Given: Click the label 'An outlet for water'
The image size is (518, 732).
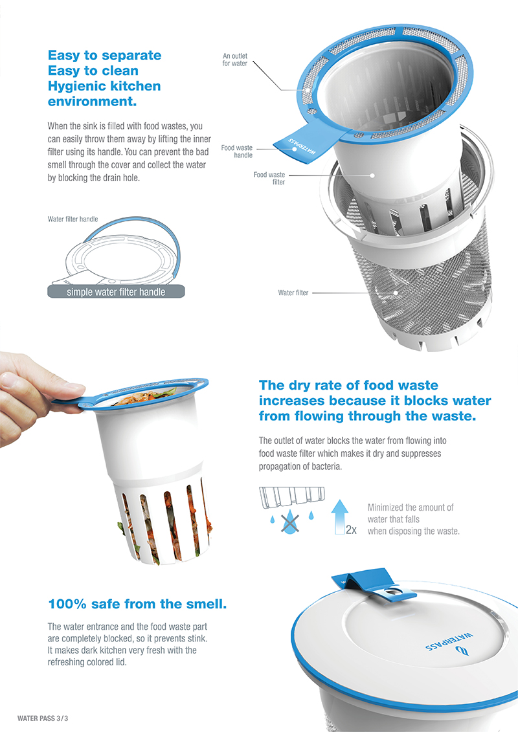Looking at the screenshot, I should (x=235, y=60).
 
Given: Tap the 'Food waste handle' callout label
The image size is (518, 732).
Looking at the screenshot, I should (x=237, y=151).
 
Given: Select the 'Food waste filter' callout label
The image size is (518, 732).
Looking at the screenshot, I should (x=269, y=178).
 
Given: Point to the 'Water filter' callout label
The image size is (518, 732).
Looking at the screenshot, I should (x=293, y=293).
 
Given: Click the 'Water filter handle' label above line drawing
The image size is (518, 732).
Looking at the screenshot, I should (x=73, y=219).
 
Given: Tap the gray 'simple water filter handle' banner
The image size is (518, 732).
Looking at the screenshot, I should (x=116, y=292).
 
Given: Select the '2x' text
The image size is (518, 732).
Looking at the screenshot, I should (x=351, y=529).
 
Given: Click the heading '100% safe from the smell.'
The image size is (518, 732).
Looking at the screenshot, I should (x=137, y=604).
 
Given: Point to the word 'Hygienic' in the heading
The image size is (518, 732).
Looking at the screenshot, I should (x=77, y=86).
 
